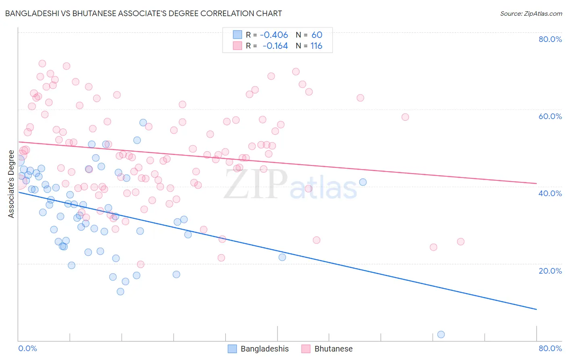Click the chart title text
point(144,13)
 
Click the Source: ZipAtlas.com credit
point(531,13)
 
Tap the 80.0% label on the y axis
point(550,39)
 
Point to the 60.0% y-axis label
point(550,116)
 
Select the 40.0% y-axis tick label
point(550,193)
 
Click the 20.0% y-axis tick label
point(550,270)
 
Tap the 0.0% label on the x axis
point(27,348)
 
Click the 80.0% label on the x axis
point(550,348)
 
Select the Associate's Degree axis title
point(11,184)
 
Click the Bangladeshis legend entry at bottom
point(258,349)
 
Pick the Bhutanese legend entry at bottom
point(327,349)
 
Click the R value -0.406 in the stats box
point(274,35)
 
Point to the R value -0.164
point(275,46)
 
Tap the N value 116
point(316,46)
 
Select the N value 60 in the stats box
point(317,35)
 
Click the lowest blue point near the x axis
point(441,334)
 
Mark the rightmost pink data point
point(461,241)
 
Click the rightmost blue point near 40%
point(363,182)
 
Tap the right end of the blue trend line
point(536,309)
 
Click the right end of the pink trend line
point(536,183)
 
